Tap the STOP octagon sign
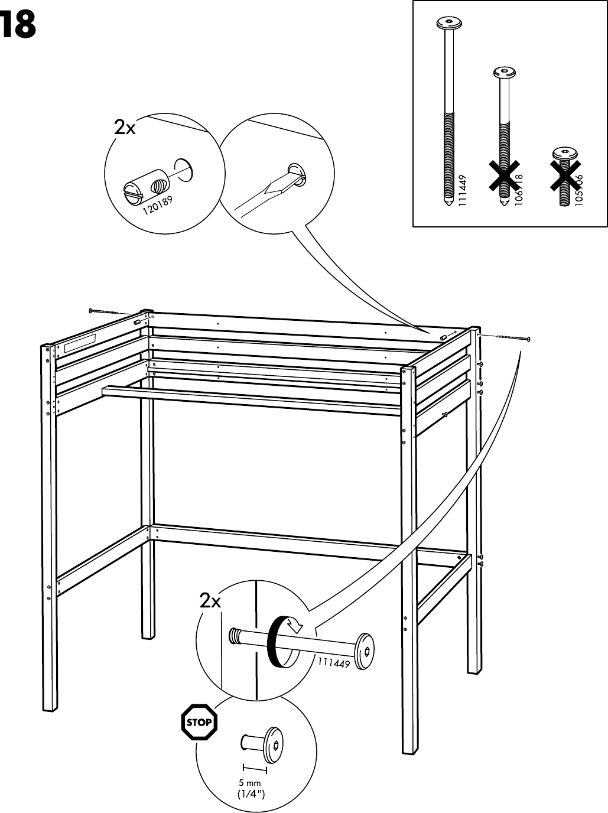[x=199, y=722]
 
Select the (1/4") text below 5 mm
[x=251, y=794]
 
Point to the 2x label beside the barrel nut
[x=124, y=127]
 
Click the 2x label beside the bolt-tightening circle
[x=210, y=601]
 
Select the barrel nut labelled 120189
[x=146, y=186]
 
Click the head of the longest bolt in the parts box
[x=448, y=24]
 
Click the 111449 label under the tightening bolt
[x=334, y=663]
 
